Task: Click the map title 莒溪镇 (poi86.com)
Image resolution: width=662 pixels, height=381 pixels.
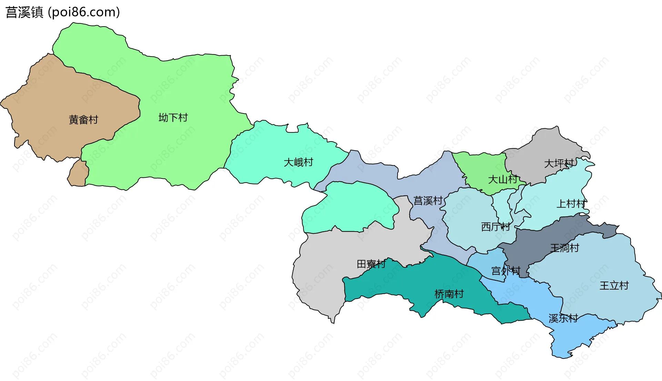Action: click(63, 12)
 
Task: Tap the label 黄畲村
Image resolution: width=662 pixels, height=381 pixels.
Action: click(83, 120)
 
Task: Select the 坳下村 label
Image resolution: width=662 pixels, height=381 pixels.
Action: click(173, 118)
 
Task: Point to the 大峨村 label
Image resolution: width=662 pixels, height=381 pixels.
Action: click(298, 162)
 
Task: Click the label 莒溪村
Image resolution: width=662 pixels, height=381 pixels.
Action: click(428, 201)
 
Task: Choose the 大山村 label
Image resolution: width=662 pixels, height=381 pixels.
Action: click(503, 179)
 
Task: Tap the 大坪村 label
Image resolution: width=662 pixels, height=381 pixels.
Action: click(559, 163)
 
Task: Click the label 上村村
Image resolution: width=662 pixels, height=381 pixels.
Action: click(571, 204)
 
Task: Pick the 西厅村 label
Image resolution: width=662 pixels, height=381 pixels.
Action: click(495, 227)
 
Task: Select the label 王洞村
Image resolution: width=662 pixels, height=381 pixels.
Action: click(564, 248)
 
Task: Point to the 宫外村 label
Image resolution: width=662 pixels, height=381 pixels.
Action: click(505, 271)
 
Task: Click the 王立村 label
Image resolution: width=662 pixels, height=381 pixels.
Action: click(614, 285)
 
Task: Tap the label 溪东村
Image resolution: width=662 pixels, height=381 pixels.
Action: click(563, 318)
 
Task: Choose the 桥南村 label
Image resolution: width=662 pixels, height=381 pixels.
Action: click(449, 294)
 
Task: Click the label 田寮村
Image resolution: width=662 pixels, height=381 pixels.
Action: click(371, 264)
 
